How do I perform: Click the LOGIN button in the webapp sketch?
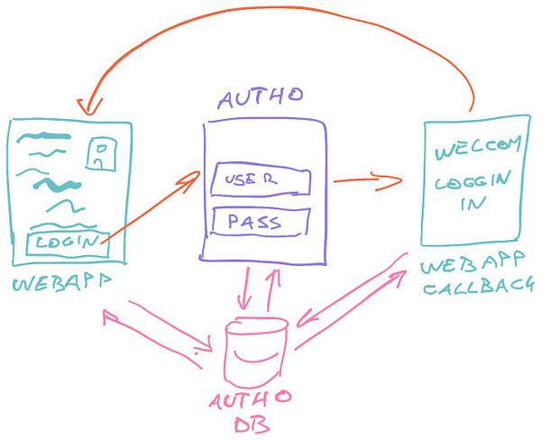click(68, 242)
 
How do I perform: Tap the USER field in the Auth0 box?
click(260, 180)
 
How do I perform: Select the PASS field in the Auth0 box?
click(260, 221)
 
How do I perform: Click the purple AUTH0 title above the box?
click(262, 98)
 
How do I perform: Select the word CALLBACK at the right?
click(480, 288)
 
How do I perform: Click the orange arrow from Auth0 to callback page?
click(365, 180)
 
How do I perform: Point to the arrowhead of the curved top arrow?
click(86, 105)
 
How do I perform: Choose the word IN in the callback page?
click(471, 205)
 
